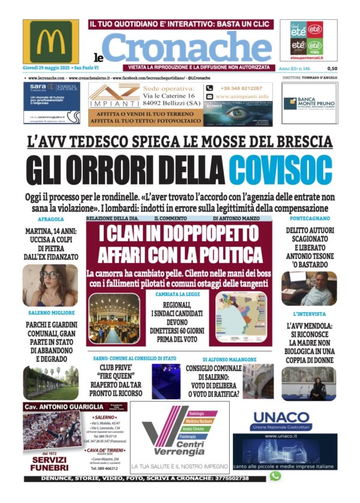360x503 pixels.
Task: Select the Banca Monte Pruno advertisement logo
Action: [x=310, y=103]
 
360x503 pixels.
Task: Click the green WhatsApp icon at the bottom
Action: [x=275, y=475]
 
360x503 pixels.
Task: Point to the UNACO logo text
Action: [x=281, y=418]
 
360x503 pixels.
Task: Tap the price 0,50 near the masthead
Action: [x=332, y=68]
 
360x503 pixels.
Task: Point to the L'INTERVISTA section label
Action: [x=309, y=314]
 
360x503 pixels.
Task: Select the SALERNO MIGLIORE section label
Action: [x=52, y=313]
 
